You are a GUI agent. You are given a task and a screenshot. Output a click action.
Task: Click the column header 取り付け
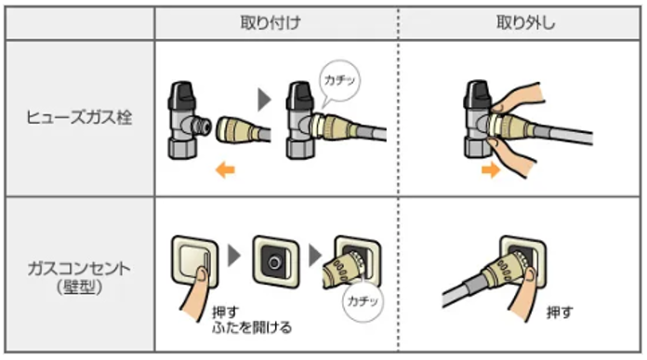point(271,22)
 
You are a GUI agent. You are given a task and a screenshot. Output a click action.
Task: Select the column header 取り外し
point(525,22)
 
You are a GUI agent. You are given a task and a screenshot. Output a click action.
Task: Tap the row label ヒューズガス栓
point(79,117)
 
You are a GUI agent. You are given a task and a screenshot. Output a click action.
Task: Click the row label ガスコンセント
point(79,269)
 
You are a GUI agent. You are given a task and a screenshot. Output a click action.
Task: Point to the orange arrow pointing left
point(225,169)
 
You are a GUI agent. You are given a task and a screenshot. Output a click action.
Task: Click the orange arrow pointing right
point(491,169)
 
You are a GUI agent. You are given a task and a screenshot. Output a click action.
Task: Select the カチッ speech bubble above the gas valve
point(339,81)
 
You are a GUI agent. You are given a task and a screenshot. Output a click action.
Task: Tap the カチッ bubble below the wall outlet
point(363,300)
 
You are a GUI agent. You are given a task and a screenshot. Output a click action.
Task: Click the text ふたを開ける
point(252,327)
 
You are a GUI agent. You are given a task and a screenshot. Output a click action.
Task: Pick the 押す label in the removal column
point(560,313)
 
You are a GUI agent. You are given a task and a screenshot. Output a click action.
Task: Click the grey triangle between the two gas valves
point(264,100)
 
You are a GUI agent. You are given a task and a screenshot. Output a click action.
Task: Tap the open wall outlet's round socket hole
point(273,262)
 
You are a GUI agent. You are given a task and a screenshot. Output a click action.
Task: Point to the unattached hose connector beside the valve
point(243,130)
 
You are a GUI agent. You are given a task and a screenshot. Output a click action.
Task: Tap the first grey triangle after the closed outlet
point(234,256)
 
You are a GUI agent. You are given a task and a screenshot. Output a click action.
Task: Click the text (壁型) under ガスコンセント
point(79,287)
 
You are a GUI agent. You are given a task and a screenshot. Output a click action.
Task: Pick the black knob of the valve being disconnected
point(477,94)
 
